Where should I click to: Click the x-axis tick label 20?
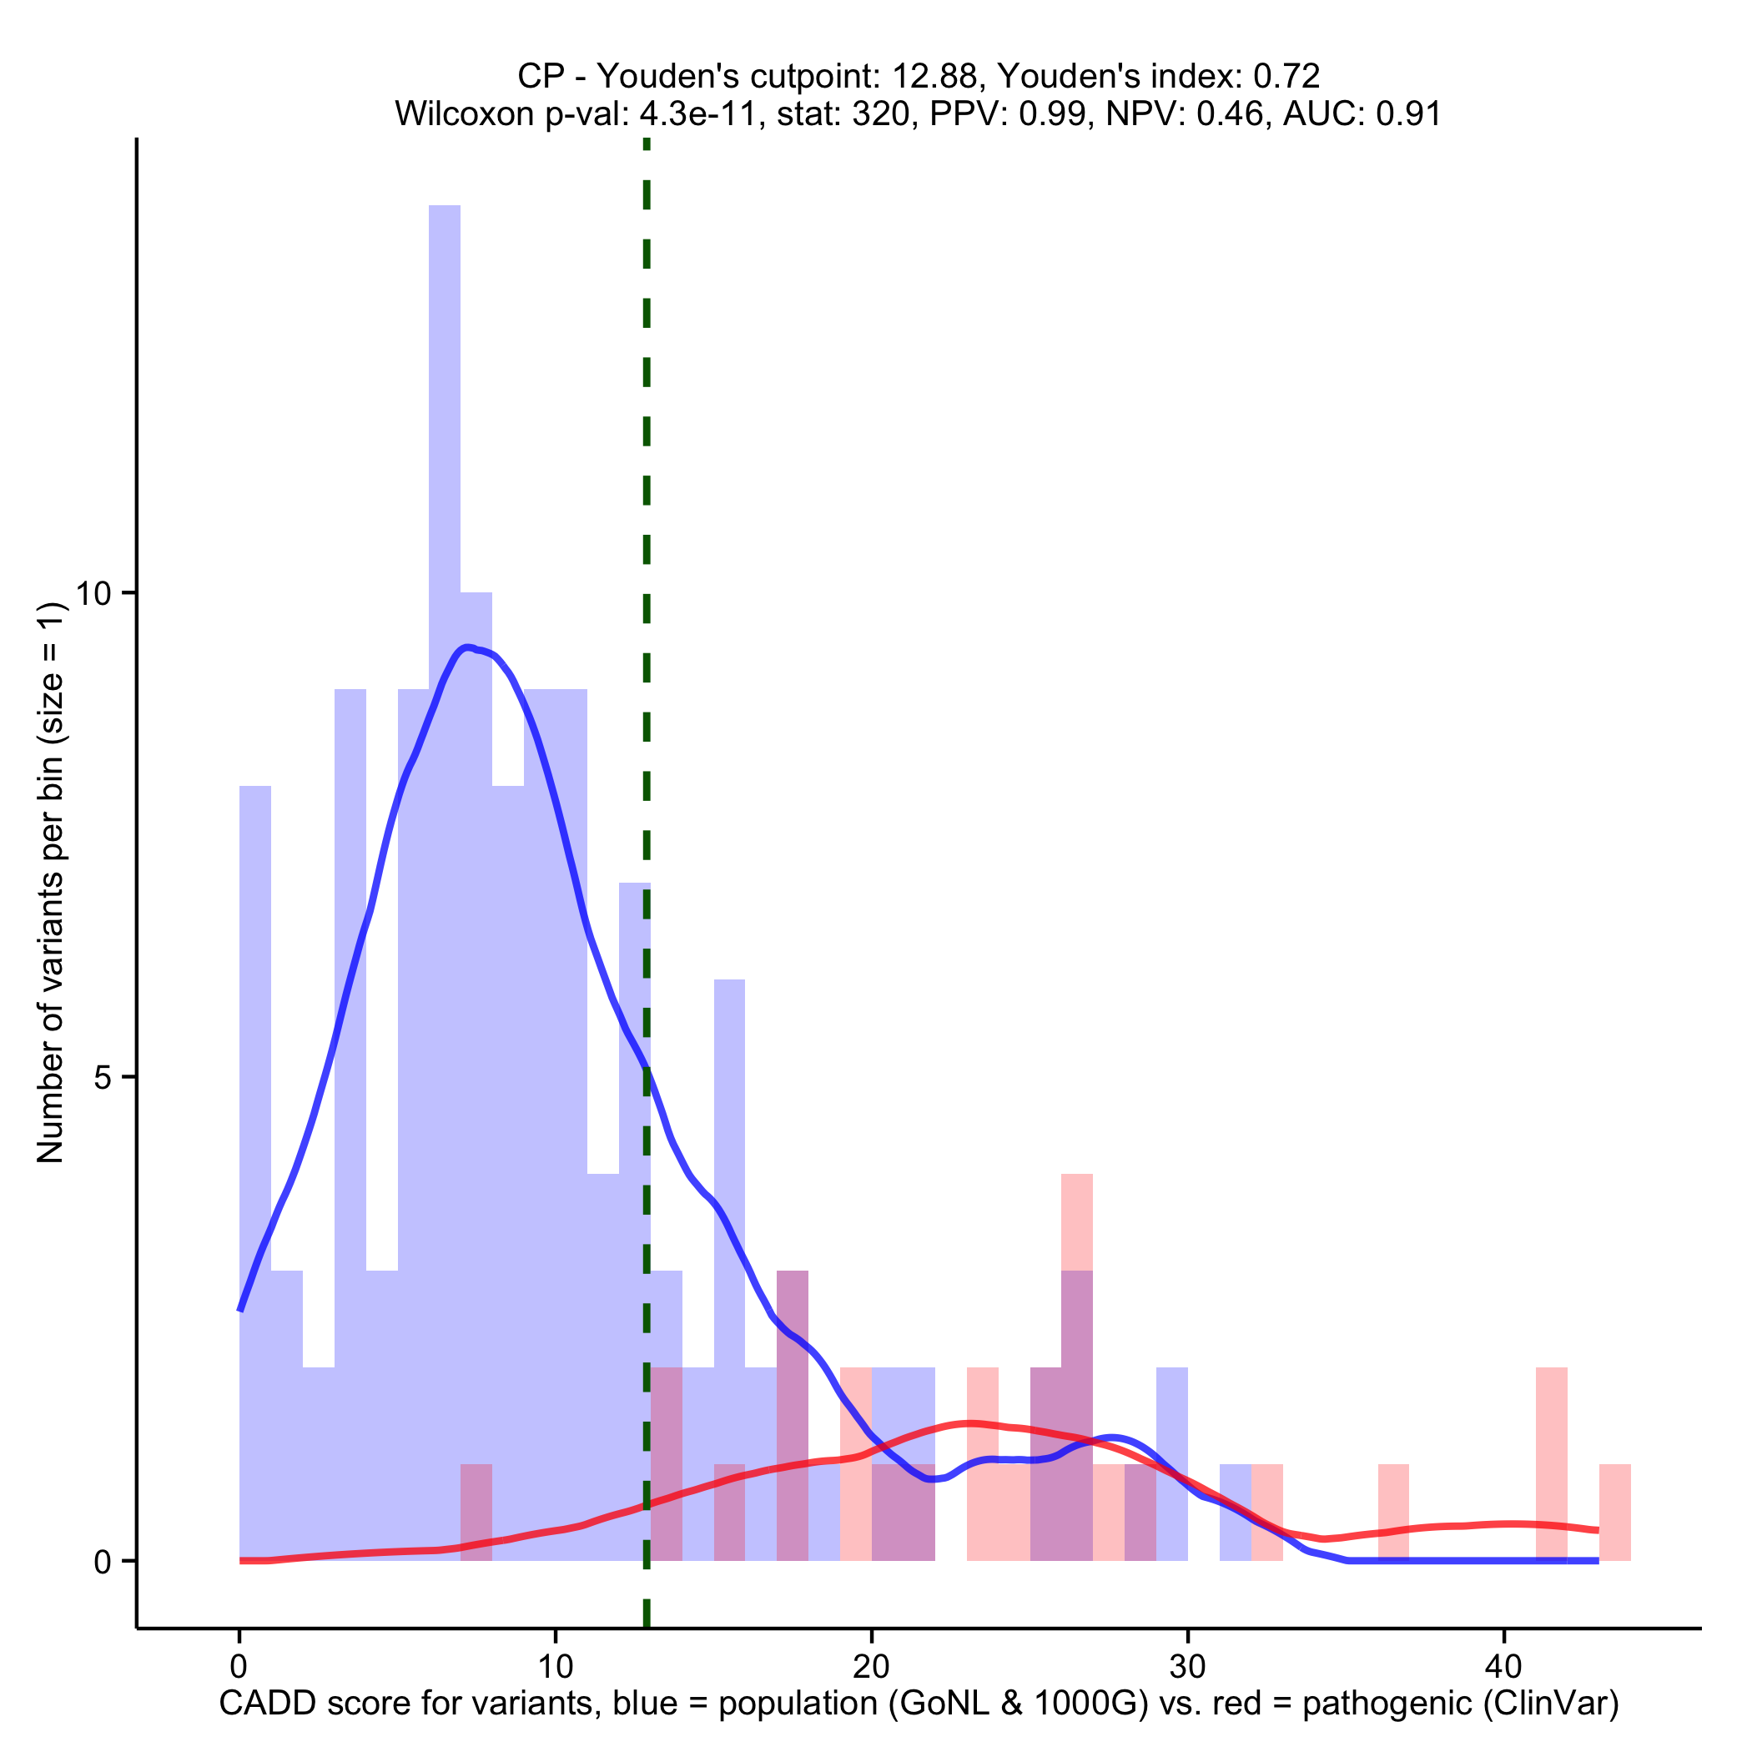coord(870,1667)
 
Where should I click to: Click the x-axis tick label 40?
coord(1503,1667)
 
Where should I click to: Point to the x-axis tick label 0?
coord(239,1667)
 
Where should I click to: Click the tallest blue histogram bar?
coord(445,635)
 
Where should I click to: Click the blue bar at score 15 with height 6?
coord(729,1179)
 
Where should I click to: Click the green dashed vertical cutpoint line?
coord(647,544)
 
